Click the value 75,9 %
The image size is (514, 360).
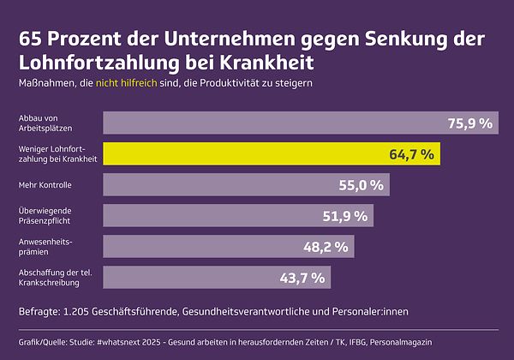coord(469,123)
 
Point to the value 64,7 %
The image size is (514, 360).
coord(413,154)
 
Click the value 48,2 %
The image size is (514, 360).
coord(326,247)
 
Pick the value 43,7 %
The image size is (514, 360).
coord(302,278)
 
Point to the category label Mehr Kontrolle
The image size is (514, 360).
coord(45,185)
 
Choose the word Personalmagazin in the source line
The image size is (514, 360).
coord(403,342)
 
